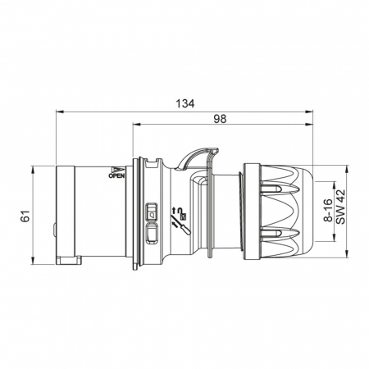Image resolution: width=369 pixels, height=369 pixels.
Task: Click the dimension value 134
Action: tap(185, 103)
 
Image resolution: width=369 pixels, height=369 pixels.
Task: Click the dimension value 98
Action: tap(220, 119)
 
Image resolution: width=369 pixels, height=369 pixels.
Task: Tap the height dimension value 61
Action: tap(25, 216)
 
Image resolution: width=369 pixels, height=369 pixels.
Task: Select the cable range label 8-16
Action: tap(328, 210)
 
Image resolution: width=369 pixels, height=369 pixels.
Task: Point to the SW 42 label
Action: tap(340, 207)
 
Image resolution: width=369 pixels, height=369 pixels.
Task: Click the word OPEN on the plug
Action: tap(116, 175)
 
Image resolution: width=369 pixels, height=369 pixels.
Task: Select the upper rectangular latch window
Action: tap(152, 212)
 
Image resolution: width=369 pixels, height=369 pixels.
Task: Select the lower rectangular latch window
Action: tap(152, 233)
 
